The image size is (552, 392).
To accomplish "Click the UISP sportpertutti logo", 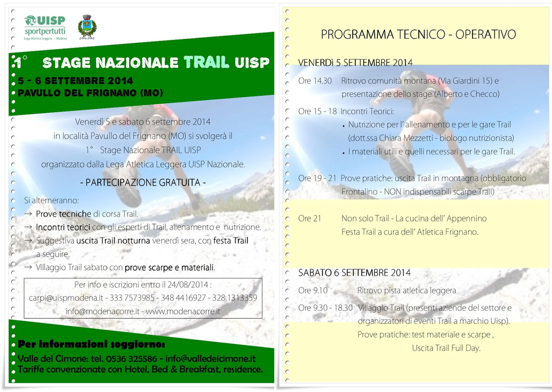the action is [45, 27].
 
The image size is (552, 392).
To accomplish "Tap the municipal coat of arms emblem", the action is [87, 27].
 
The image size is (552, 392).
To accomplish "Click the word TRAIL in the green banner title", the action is [207, 62].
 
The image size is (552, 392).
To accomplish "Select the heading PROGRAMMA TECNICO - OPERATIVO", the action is [418, 34].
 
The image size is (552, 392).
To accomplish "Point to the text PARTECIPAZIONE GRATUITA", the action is [143, 183].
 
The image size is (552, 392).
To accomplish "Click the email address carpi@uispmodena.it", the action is [66, 298].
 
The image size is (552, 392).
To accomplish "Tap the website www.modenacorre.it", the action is [183, 311].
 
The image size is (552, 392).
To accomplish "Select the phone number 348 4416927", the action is [183, 298].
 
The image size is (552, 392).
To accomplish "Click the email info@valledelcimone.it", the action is [210, 359].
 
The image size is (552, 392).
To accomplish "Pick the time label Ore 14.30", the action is [315, 81].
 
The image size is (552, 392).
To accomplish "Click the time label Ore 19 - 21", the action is [317, 178].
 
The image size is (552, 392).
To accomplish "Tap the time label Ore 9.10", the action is [313, 290].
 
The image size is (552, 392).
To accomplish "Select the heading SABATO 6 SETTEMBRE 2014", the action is [354, 273].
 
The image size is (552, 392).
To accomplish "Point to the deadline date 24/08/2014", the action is [188, 285].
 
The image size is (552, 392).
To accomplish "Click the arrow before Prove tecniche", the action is [28, 214].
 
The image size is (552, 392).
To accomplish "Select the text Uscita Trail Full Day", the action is [446, 348].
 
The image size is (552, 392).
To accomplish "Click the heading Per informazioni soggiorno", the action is [91, 344].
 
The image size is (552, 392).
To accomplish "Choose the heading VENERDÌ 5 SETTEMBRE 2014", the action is [355, 62].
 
